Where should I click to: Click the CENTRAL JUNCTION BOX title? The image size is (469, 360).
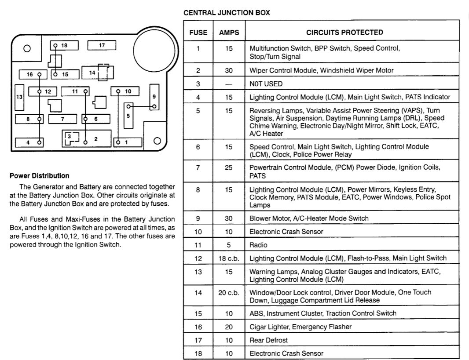pos(227,13)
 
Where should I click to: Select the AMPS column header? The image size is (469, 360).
pos(229,33)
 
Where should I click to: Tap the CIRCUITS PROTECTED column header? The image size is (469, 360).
pos(344,33)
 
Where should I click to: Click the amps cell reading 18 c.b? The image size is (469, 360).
pos(229,258)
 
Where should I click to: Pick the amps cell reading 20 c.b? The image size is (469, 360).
pos(229,292)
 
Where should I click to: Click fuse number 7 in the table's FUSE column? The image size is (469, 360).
pos(198,168)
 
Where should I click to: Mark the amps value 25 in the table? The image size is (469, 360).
pos(229,168)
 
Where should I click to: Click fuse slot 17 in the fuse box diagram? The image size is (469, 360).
pos(102,45)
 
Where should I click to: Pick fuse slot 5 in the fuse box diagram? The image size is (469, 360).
pos(128,116)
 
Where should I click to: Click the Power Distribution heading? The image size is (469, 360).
pos(39,176)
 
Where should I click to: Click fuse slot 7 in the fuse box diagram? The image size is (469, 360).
pos(62,119)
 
